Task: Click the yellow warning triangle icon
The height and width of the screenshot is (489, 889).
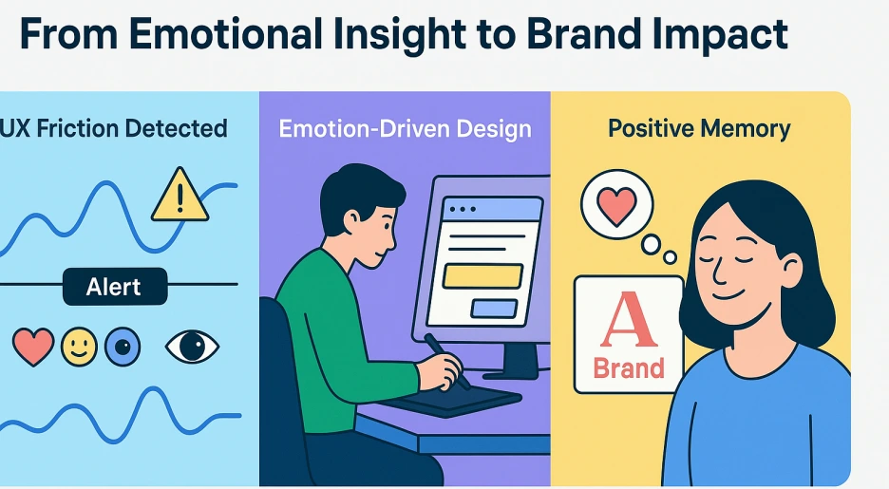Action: coord(180,196)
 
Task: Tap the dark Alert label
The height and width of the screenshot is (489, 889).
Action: coord(115,287)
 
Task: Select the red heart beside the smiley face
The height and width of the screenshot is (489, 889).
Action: coord(33,347)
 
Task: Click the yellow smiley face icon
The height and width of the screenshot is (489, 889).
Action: coord(80,347)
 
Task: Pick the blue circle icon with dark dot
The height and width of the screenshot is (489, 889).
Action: coord(123,347)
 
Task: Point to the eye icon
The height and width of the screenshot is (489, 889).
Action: coord(192,347)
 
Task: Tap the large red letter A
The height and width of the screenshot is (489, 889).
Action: coord(629,320)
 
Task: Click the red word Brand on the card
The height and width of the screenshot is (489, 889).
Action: coord(629,368)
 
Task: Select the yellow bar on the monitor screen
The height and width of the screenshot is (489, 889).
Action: coord(482,276)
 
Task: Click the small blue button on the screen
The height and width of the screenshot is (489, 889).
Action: coord(494,309)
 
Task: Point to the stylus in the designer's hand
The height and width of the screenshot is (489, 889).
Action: coord(446,361)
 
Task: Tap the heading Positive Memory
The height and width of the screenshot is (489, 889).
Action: coord(699,128)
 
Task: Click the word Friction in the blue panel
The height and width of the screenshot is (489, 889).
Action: coord(78,128)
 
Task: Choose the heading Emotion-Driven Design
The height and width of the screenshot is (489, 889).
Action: coord(406,128)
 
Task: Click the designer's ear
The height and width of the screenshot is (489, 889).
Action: coord(351,219)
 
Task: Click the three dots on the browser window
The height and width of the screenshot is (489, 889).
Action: coord(463,209)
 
